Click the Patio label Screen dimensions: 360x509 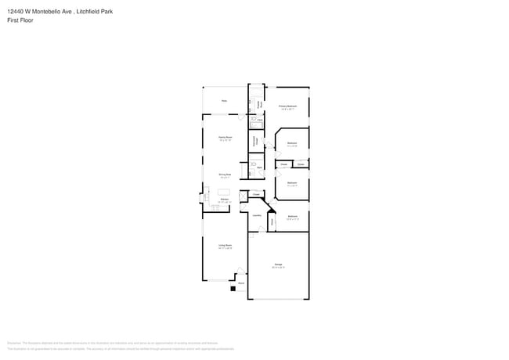[x=224, y=101]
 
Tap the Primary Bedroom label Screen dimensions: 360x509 [x=287, y=106]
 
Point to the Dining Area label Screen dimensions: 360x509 [x=225, y=175]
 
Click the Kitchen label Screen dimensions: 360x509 [x=224, y=200]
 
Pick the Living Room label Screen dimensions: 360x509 [x=225, y=245]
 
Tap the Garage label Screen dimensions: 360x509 [x=278, y=265]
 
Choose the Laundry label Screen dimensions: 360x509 [x=256, y=214]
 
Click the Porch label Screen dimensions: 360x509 [x=241, y=283]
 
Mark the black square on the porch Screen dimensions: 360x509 [x=233, y=289]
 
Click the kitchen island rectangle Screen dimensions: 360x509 [x=224, y=192]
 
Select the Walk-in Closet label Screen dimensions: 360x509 [x=254, y=140]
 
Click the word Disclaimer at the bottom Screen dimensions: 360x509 [x=14, y=343]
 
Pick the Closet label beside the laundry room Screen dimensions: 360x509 [x=256, y=194]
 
